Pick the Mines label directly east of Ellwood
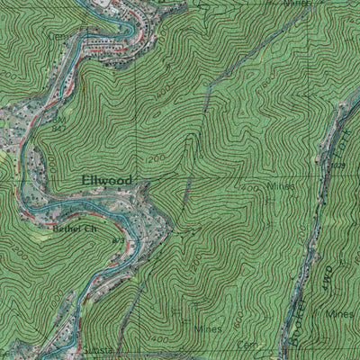click(281, 187)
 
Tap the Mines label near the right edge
click(340, 313)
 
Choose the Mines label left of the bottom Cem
click(207, 329)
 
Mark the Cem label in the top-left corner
click(56, 36)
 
